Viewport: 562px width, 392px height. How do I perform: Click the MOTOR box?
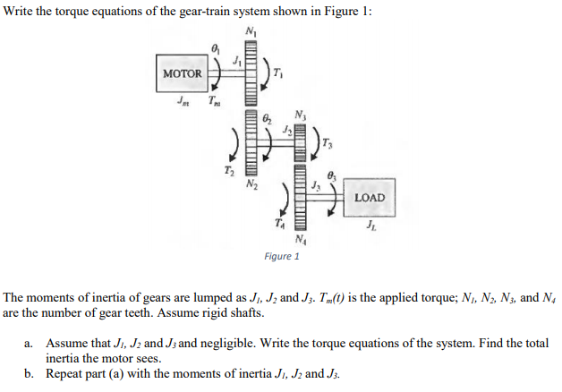(x=182, y=72)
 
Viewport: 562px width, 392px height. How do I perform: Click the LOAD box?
(x=370, y=197)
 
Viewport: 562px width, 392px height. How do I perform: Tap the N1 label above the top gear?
(x=248, y=34)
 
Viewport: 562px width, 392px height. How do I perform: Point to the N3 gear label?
(x=302, y=115)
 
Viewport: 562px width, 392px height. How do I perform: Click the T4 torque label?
(x=279, y=224)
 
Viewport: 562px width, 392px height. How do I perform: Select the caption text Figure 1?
(x=282, y=257)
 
